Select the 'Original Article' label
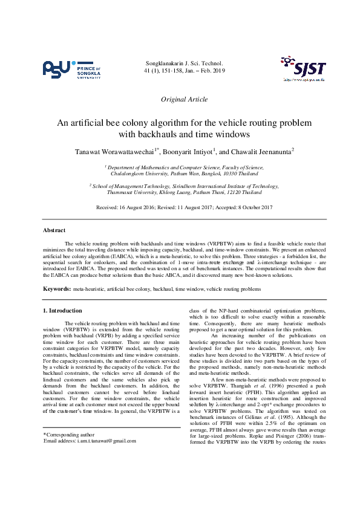tap(185, 99)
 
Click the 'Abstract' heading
tap(54, 230)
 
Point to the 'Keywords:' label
tap(56, 289)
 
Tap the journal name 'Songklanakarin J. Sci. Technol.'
tap(185, 63)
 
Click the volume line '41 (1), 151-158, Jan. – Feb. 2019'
tap(185, 71)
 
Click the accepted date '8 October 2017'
tap(252, 207)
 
